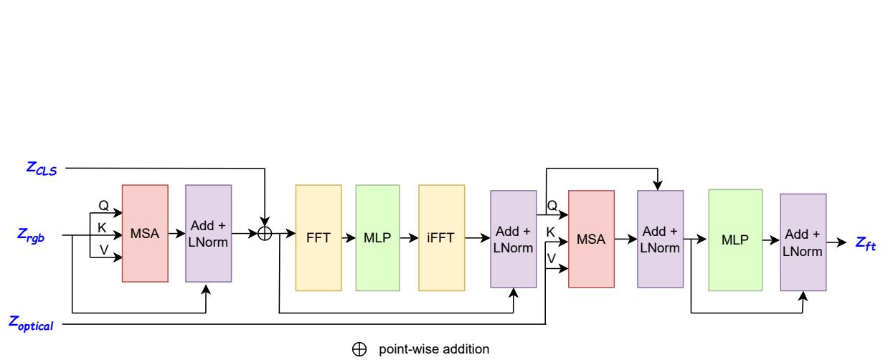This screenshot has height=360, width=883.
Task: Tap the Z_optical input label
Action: click(32, 324)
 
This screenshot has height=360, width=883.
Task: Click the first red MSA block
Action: click(145, 235)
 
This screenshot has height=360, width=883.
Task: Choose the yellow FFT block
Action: click(318, 237)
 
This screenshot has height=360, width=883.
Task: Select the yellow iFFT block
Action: click(441, 237)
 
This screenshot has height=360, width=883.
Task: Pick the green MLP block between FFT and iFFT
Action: click(378, 237)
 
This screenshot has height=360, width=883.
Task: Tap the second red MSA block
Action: click(591, 239)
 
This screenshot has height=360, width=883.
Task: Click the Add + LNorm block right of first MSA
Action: click(208, 235)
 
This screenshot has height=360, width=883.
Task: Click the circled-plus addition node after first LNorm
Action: click(265, 234)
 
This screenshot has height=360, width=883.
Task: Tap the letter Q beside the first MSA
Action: click(103, 206)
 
